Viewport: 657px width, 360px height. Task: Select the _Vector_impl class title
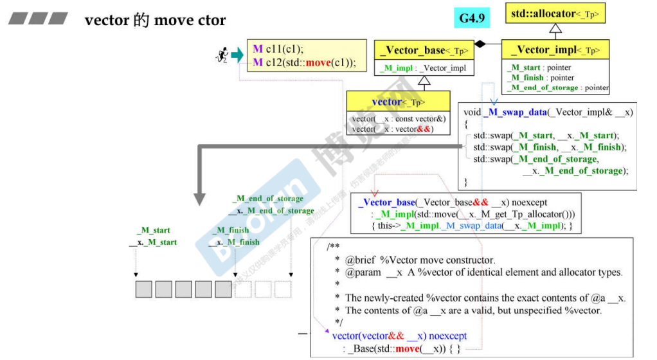click(555, 50)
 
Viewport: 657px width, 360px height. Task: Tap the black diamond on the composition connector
click(479, 44)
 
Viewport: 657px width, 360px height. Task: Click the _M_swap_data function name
click(513, 112)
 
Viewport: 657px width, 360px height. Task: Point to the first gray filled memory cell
click(143, 289)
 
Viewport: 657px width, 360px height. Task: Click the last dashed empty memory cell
click(283, 289)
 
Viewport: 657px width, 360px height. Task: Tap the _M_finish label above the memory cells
click(230, 230)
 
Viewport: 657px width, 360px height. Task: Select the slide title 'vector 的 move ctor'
click(155, 20)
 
